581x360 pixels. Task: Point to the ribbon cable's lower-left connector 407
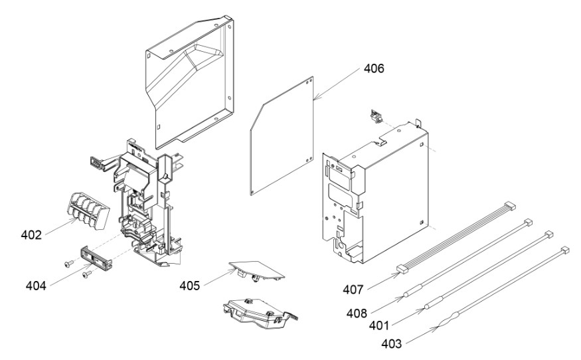pos(402,268)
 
